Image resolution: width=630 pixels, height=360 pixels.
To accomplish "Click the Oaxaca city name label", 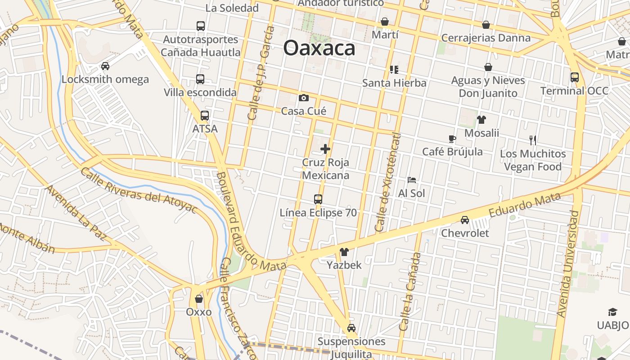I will click(319, 48).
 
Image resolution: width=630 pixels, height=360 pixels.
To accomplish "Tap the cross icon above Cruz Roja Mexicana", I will click(325, 149).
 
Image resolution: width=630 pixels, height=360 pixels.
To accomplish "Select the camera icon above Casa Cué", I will click(304, 98).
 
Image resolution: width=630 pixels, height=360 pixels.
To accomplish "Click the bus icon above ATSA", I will click(205, 116).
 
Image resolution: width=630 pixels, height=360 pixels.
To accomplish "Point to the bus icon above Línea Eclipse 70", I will click(318, 199).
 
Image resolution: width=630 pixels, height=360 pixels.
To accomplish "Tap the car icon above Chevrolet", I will click(465, 220).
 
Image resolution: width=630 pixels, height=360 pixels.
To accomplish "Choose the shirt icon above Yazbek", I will click(344, 252).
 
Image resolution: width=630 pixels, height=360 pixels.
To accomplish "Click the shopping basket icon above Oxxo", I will click(199, 299).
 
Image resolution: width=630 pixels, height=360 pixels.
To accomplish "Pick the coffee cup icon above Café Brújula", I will click(452, 139).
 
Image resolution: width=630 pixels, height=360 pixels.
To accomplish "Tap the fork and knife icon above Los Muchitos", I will click(533, 140).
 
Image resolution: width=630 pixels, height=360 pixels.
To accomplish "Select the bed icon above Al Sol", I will click(411, 180).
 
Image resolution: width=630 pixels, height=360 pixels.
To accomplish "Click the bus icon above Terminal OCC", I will click(575, 77).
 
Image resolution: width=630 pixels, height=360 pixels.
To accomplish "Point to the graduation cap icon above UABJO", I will click(613, 312).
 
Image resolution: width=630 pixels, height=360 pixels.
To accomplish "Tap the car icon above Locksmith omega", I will click(105, 66).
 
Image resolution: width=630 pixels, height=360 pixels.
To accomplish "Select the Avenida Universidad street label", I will click(567, 263).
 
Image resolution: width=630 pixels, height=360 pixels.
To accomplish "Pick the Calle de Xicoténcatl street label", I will click(387, 182).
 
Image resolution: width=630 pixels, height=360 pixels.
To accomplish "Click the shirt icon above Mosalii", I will click(481, 120).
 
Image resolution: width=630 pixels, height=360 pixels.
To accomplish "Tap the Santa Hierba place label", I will click(394, 83).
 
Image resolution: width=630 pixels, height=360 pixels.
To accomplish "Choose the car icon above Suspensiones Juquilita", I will click(351, 328).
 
